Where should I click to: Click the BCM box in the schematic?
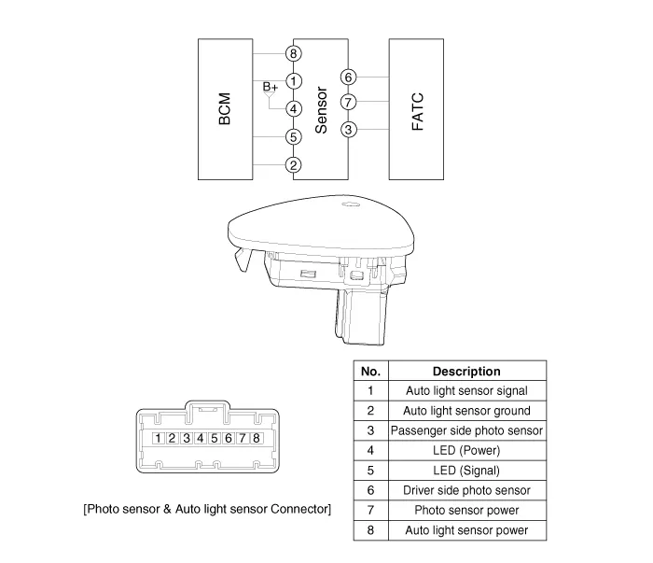tap(225, 109)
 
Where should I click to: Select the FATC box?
tap(416, 109)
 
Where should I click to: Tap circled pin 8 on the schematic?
tap(294, 54)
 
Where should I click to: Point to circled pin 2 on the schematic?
tap(294, 165)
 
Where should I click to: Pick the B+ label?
tap(270, 87)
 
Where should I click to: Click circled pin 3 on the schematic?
tap(348, 129)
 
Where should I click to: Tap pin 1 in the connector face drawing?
tap(160, 438)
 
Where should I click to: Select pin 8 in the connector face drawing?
tap(256, 438)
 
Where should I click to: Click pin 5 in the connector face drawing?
tap(215, 438)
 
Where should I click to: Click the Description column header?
tap(466, 372)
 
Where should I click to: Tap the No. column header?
tap(370, 372)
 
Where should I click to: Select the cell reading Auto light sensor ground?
tap(466, 411)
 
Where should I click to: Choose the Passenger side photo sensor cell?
tap(466, 430)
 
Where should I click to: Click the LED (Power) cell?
tap(466, 450)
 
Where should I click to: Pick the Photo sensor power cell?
tap(466, 510)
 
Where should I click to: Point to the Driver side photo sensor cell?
tap(466, 490)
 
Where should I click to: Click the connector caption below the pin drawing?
tap(207, 509)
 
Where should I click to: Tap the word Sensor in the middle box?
tap(321, 110)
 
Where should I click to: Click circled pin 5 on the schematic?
tap(294, 137)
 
